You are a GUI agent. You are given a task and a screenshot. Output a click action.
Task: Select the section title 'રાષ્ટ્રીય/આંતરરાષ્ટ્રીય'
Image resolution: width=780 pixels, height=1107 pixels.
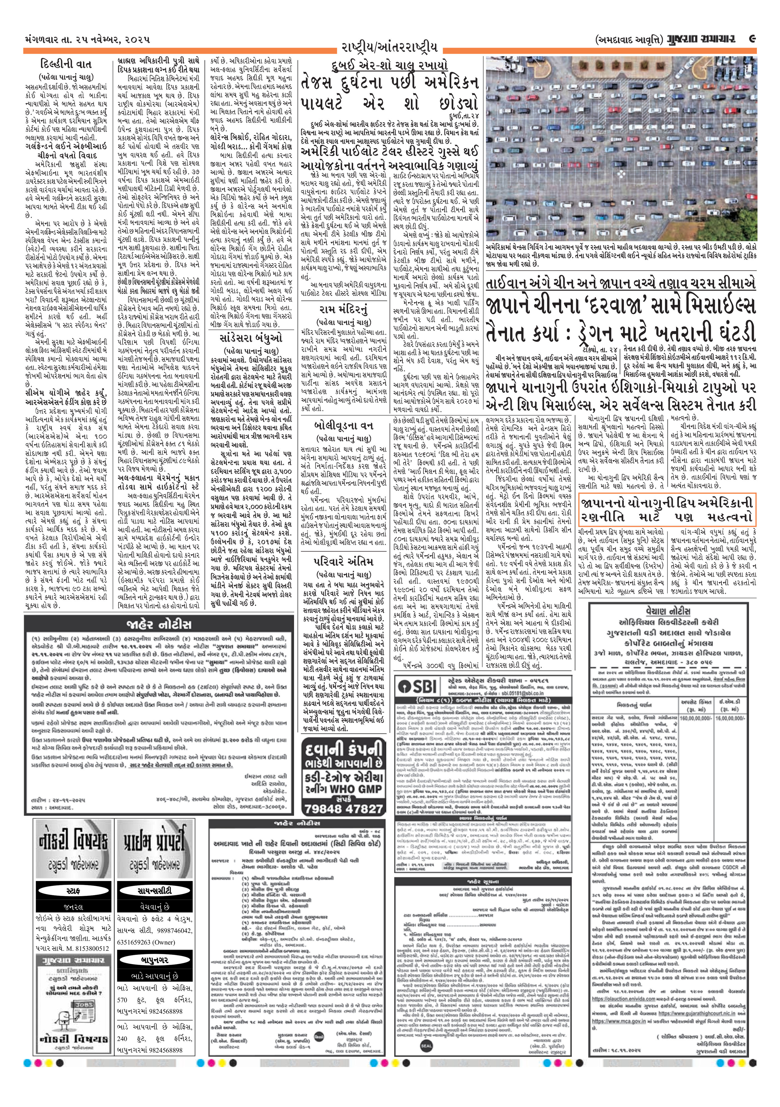click(x=389, y=47)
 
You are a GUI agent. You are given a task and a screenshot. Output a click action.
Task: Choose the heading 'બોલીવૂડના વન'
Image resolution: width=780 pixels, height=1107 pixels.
click(x=343, y=426)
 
